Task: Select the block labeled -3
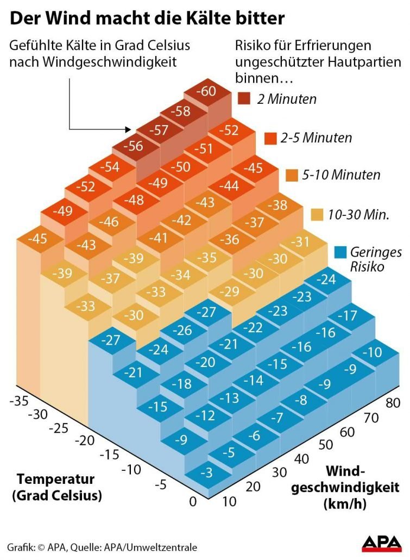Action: click(206, 474)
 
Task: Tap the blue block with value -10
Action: click(372, 352)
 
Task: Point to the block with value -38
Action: click(279, 205)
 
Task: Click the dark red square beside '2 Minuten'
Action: click(244, 99)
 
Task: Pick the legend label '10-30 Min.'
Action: click(358, 214)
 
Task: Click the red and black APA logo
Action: click(382, 544)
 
